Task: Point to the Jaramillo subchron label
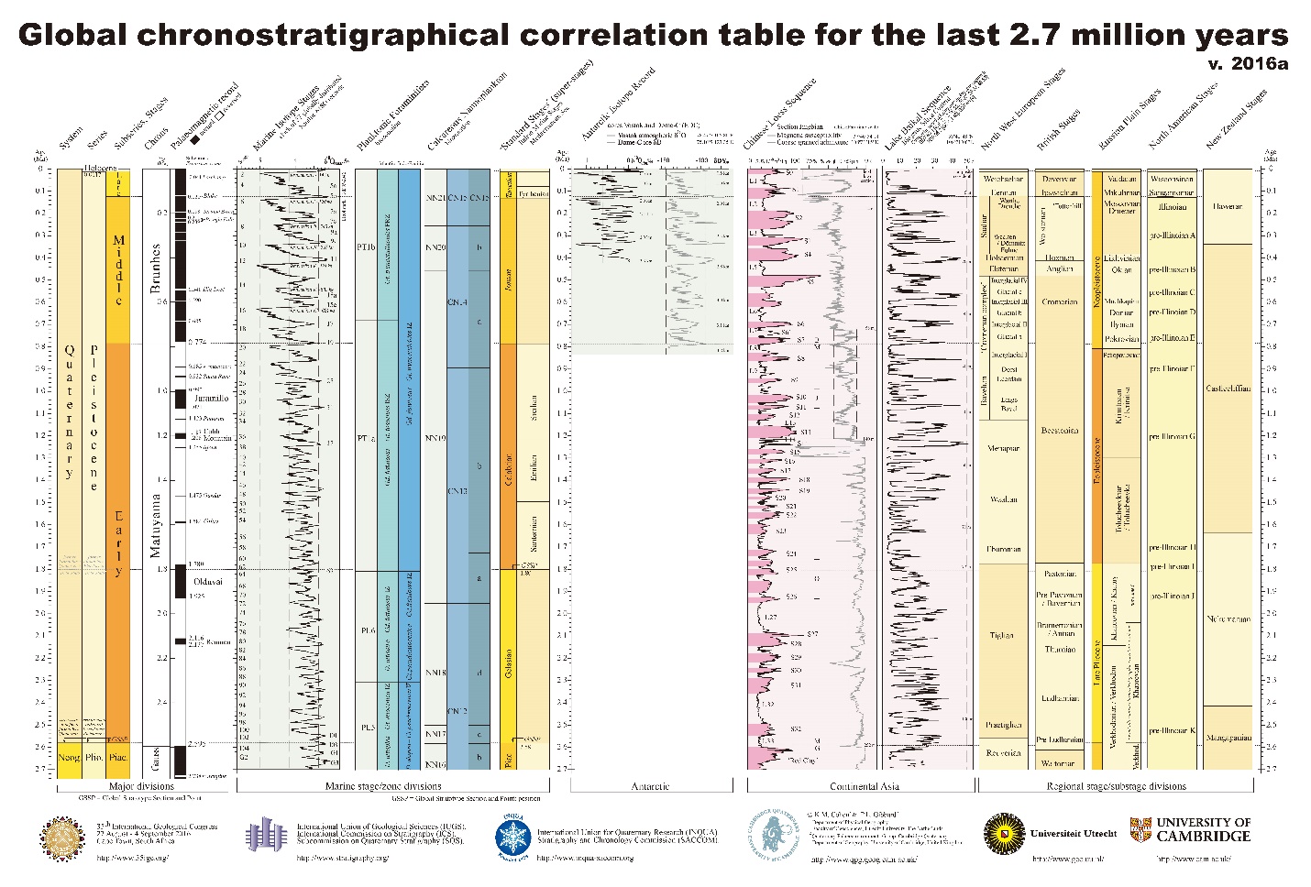(208, 400)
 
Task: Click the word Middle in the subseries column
(118, 270)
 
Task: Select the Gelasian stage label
(510, 663)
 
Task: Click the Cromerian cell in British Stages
(1060, 301)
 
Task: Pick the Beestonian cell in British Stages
(1060, 431)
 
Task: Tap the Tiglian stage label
(1002, 635)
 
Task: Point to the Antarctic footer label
(651, 786)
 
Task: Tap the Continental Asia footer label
(861, 786)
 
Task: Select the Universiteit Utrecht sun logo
(1002, 834)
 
